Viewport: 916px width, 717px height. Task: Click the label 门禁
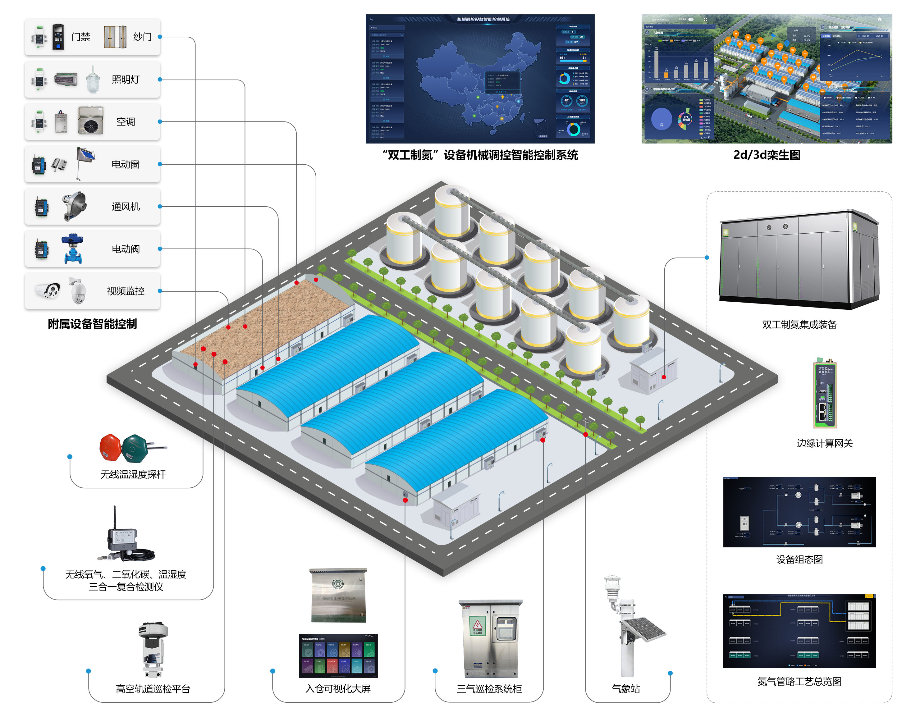coord(80,37)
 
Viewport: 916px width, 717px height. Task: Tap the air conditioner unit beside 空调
coord(90,121)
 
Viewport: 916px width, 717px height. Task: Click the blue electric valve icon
coord(72,249)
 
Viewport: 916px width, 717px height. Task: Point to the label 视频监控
coord(126,291)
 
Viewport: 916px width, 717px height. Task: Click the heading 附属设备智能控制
coord(92,324)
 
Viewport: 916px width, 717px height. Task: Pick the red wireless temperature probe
coord(110,447)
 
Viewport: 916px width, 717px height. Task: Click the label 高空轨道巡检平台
coord(153,688)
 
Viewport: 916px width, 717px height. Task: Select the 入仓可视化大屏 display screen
coord(338,655)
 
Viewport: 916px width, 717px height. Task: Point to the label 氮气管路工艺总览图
coord(799,681)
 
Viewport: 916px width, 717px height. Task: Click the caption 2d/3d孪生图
coord(767,155)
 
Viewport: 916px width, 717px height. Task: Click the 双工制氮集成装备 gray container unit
coord(799,260)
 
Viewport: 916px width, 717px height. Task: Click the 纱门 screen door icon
coord(115,37)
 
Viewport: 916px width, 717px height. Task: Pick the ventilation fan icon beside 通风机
coord(74,206)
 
